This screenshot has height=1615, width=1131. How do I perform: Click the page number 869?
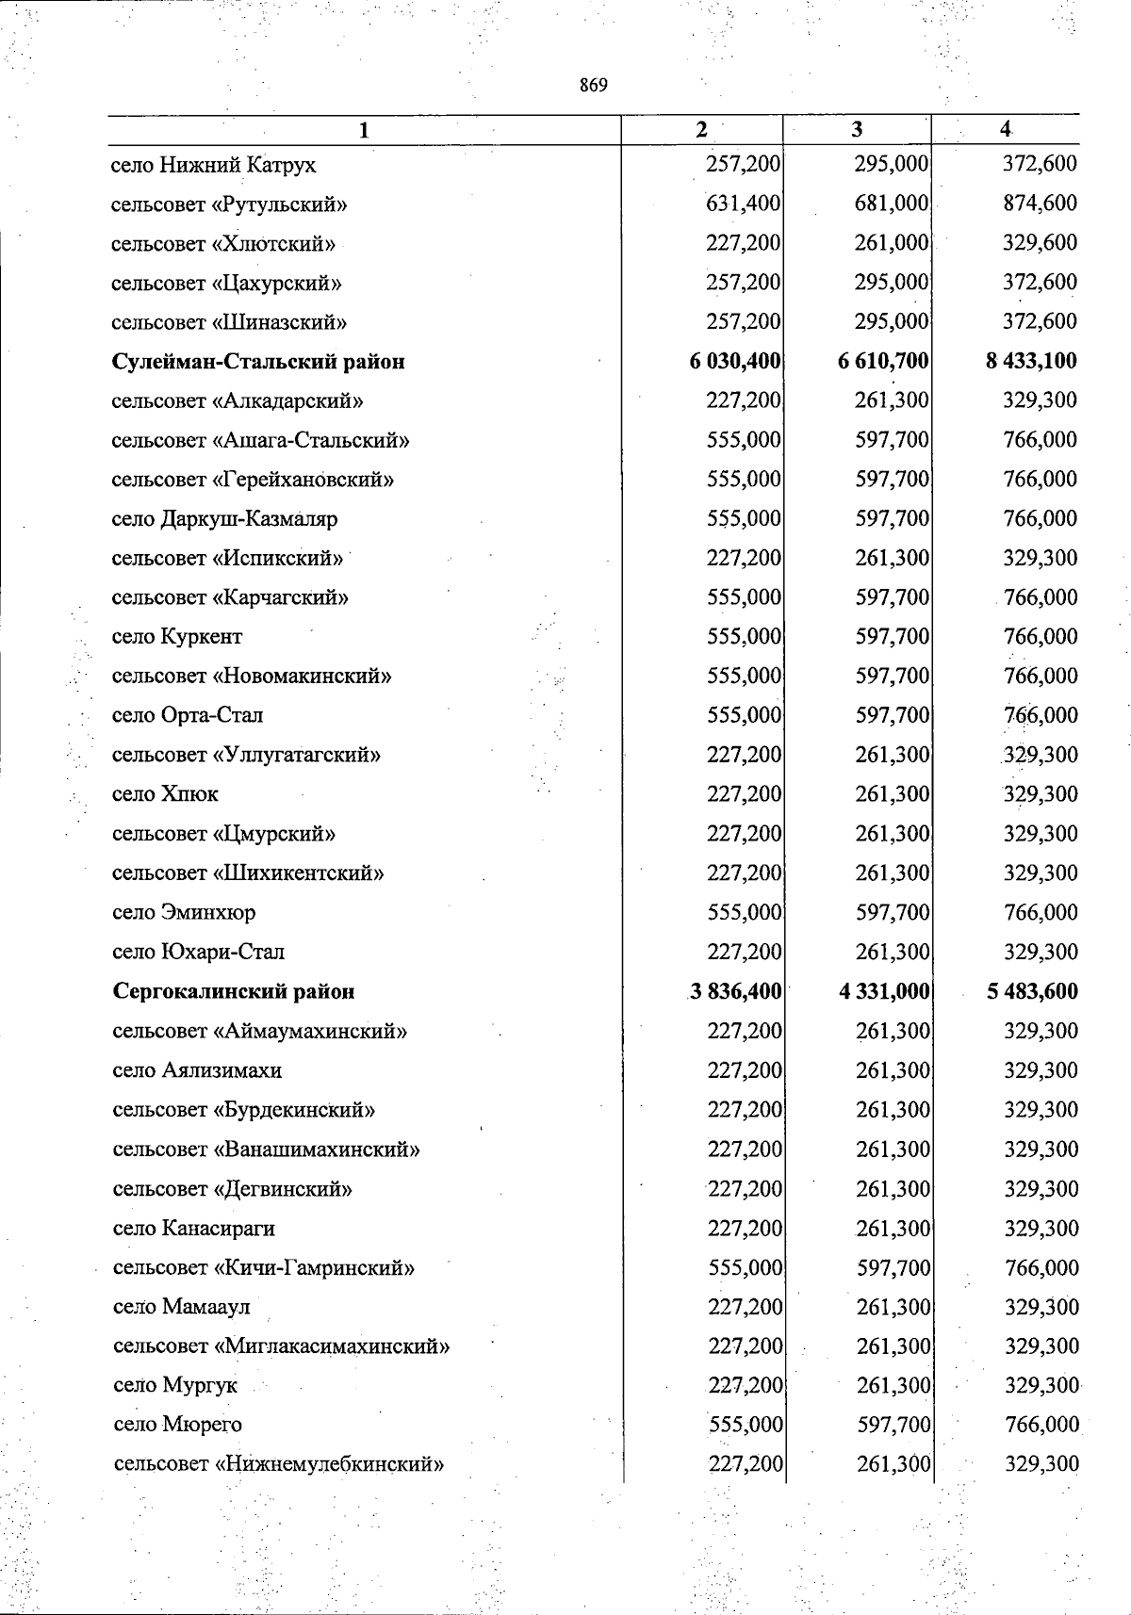click(594, 86)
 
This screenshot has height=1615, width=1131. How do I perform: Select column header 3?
click(856, 130)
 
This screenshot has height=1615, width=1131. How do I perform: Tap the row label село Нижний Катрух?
click(214, 165)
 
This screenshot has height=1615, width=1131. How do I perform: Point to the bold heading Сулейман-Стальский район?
click(258, 362)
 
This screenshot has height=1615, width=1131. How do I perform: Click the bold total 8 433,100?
click(1031, 361)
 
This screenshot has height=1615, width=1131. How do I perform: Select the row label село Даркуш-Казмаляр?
click(224, 519)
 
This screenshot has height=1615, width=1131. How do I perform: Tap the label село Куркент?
click(177, 637)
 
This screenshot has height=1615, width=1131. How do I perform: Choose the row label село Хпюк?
click(165, 794)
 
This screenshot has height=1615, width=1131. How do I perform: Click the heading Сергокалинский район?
click(234, 991)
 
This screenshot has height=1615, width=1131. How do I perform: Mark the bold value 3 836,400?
click(736, 991)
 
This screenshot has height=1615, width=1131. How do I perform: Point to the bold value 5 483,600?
click(1033, 991)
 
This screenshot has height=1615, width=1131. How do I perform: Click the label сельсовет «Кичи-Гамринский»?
click(264, 1268)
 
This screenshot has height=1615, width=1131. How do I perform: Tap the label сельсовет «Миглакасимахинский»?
click(281, 1346)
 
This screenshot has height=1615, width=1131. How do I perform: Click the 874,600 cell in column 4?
click(1040, 204)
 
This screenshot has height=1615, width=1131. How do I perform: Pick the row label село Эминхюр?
click(184, 913)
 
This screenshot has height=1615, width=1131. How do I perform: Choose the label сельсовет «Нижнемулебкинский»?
click(278, 1465)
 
